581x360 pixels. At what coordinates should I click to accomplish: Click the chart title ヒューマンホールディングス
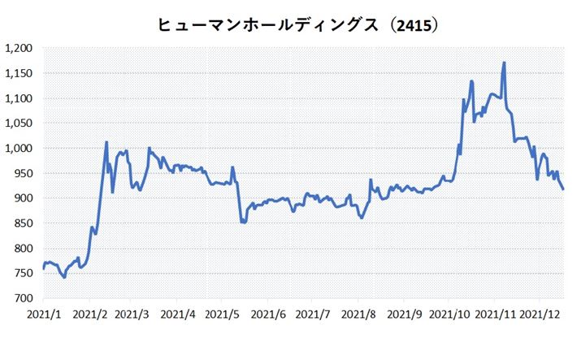(268, 25)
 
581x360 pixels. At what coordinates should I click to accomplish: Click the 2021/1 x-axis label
(42, 313)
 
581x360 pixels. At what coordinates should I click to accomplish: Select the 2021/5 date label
(223, 313)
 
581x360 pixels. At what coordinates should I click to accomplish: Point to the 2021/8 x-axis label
(358, 313)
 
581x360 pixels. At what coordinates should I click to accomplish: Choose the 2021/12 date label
(541, 313)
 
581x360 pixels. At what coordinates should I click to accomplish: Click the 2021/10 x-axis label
(449, 313)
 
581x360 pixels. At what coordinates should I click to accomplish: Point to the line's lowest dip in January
(64, 277)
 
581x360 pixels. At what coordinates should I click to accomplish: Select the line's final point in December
(563, 189)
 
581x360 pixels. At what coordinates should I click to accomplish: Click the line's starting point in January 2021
(43, 267)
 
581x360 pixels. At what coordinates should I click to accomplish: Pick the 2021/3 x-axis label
(132, 313)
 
